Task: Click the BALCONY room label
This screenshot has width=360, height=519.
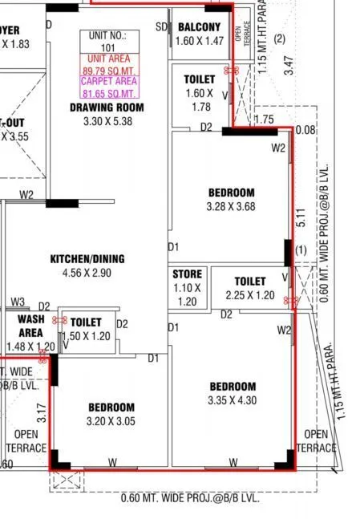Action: [200, 27]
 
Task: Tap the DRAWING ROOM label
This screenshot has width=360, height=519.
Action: [107, 107]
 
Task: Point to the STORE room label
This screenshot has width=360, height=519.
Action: [188, 274]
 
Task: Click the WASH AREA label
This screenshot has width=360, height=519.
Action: [30, 325]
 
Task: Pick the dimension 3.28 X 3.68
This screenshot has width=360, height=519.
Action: [231, 205]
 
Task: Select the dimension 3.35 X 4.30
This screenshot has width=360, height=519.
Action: [231, 400]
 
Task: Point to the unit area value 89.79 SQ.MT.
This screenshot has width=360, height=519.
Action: [108, 70]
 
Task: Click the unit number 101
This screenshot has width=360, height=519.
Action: [108, 47]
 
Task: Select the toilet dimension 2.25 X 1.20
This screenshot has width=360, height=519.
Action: [249, 295]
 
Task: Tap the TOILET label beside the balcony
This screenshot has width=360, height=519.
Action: [198, 80]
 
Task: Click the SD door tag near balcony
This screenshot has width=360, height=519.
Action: [161, 26]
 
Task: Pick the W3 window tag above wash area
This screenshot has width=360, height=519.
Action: [18, 302]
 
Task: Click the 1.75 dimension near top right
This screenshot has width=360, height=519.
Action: [264, 120]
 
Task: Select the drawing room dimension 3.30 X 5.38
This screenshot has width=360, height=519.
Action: [107, 121]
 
